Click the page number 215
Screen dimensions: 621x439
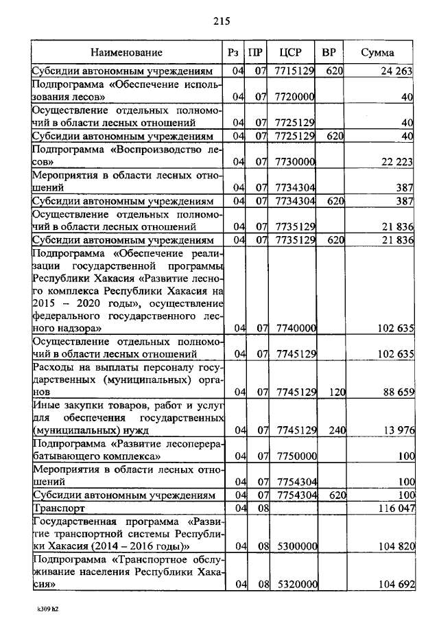coord(221,21)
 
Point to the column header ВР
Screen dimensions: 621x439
coord(329,53)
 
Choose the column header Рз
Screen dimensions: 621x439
coord(233,53)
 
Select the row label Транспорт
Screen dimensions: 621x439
coord(59,508)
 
